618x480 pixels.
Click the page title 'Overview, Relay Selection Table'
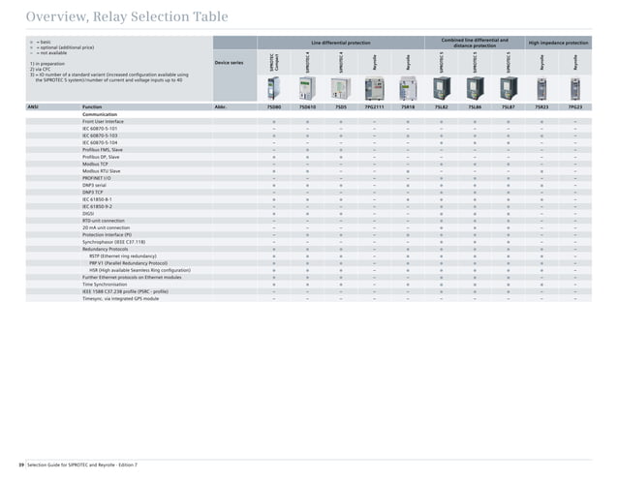coord(127,16)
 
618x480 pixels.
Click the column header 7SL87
coord(509,106)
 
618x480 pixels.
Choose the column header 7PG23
coord(575,106)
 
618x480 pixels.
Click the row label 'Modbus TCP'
coord(99,164)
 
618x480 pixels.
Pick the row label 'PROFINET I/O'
coord(102,177)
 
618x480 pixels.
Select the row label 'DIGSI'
coord(90,214)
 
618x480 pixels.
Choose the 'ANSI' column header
coord(33,106)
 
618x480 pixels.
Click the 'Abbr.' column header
coord(221,106)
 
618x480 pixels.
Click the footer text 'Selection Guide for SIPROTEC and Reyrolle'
coord(83,465)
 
